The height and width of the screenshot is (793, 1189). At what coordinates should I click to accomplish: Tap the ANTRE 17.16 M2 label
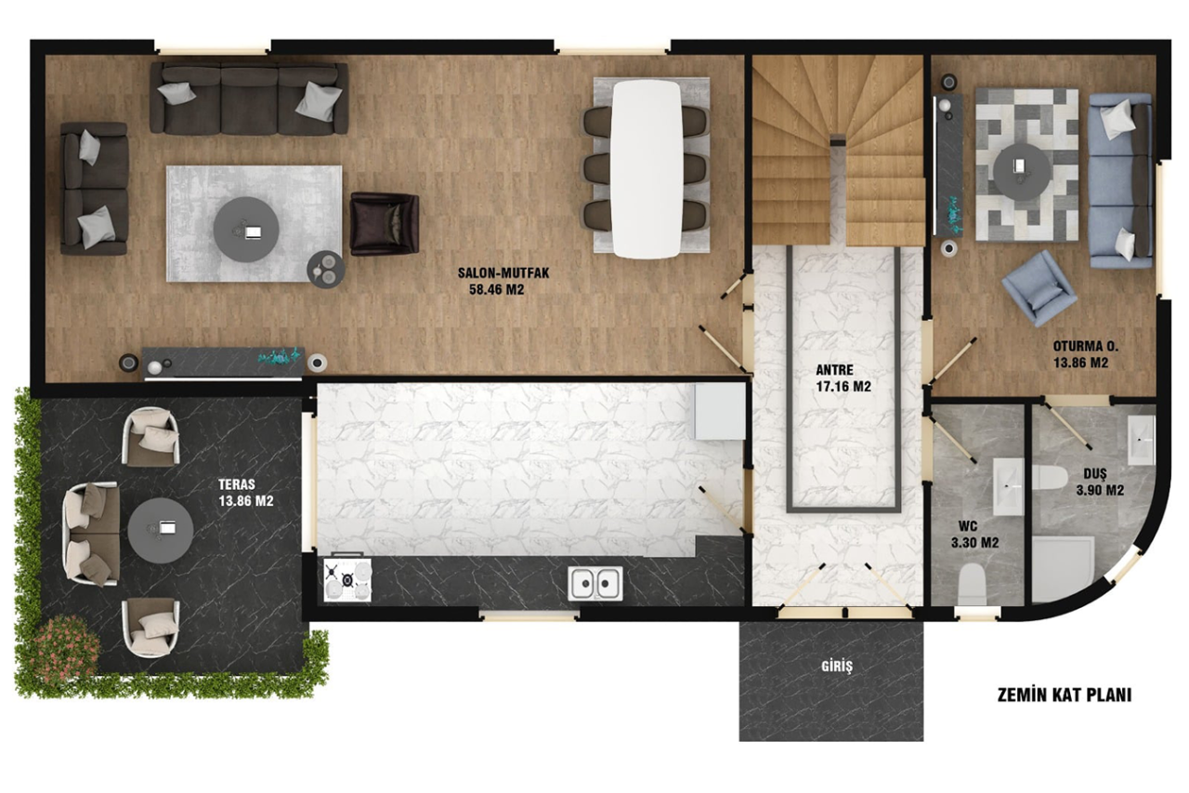tap(843, 378)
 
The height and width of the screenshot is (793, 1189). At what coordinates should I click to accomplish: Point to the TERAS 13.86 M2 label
tap(246, 493)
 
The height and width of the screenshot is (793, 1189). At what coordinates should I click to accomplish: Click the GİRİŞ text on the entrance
tap(837, 666)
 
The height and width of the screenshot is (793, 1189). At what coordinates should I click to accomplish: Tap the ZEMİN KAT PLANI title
tap(1065, 695)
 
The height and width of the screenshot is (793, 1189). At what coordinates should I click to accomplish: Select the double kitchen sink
tap(595, 584)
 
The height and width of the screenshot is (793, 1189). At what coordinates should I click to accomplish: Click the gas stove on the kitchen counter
tap(347, 579)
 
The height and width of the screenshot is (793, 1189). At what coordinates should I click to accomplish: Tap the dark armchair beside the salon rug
tap(385, 224)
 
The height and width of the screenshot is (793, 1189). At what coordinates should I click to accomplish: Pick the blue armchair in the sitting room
tap(1039, 287)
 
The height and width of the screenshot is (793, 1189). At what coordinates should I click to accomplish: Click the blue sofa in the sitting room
tap(1120, 180)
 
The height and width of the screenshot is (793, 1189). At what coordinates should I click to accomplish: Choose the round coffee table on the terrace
tap(161, 530)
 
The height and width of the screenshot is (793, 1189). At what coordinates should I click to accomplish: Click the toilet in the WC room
tap(973, 585)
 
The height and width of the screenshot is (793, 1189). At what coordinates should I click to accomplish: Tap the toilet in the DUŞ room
tap(1050, 478)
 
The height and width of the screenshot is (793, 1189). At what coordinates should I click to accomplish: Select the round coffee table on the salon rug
tap(246, 230)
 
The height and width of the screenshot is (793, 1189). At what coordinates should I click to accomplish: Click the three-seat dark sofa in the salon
tap(249, 99)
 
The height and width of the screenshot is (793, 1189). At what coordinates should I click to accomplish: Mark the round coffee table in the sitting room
tap(1022, 172)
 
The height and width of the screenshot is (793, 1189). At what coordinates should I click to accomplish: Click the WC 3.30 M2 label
tap(974, 535)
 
